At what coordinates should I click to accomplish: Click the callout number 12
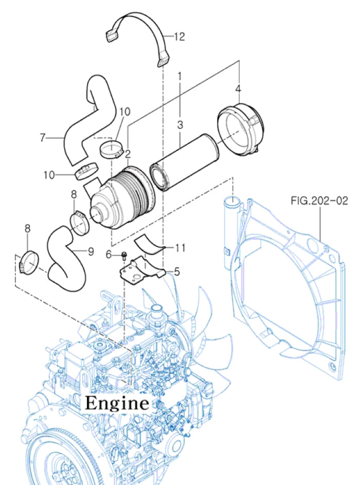click(179, 37)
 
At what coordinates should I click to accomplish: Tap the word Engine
click(117, 402)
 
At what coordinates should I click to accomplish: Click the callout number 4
click(238, 89)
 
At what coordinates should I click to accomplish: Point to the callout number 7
click(43, 137)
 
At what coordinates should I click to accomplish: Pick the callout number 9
click(91, 252)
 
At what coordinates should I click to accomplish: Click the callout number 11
click(179, 248)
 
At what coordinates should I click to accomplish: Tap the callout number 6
click(109, 254)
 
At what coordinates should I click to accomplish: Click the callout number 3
click(180, 124)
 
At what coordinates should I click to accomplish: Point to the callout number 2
click(127, 153)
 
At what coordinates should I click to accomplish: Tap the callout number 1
click(180, 76)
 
